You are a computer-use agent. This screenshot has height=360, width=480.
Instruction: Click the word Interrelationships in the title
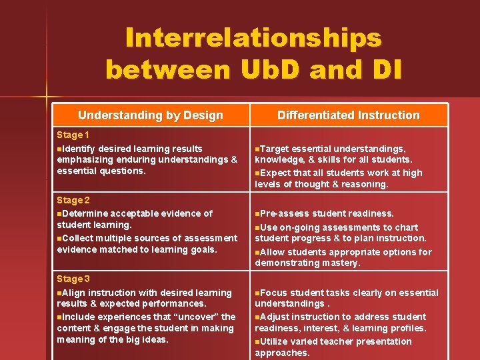(x=253, y=38)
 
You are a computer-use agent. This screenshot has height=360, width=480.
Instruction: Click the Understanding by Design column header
(x=150, y=115)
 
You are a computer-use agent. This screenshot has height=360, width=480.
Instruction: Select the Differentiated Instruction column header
(x=349, y=115)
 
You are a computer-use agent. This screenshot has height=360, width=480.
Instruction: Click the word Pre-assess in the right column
(x=285, y=213)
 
